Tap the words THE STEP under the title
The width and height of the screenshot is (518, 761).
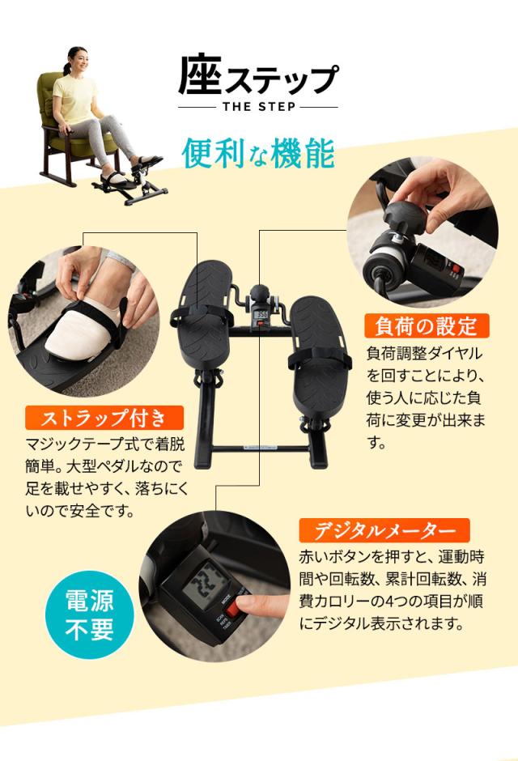pos(258,106)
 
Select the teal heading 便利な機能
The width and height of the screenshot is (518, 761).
pos(257,153)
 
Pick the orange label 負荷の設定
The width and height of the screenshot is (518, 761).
pos(427,326)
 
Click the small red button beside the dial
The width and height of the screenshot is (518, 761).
pos(456,269)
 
